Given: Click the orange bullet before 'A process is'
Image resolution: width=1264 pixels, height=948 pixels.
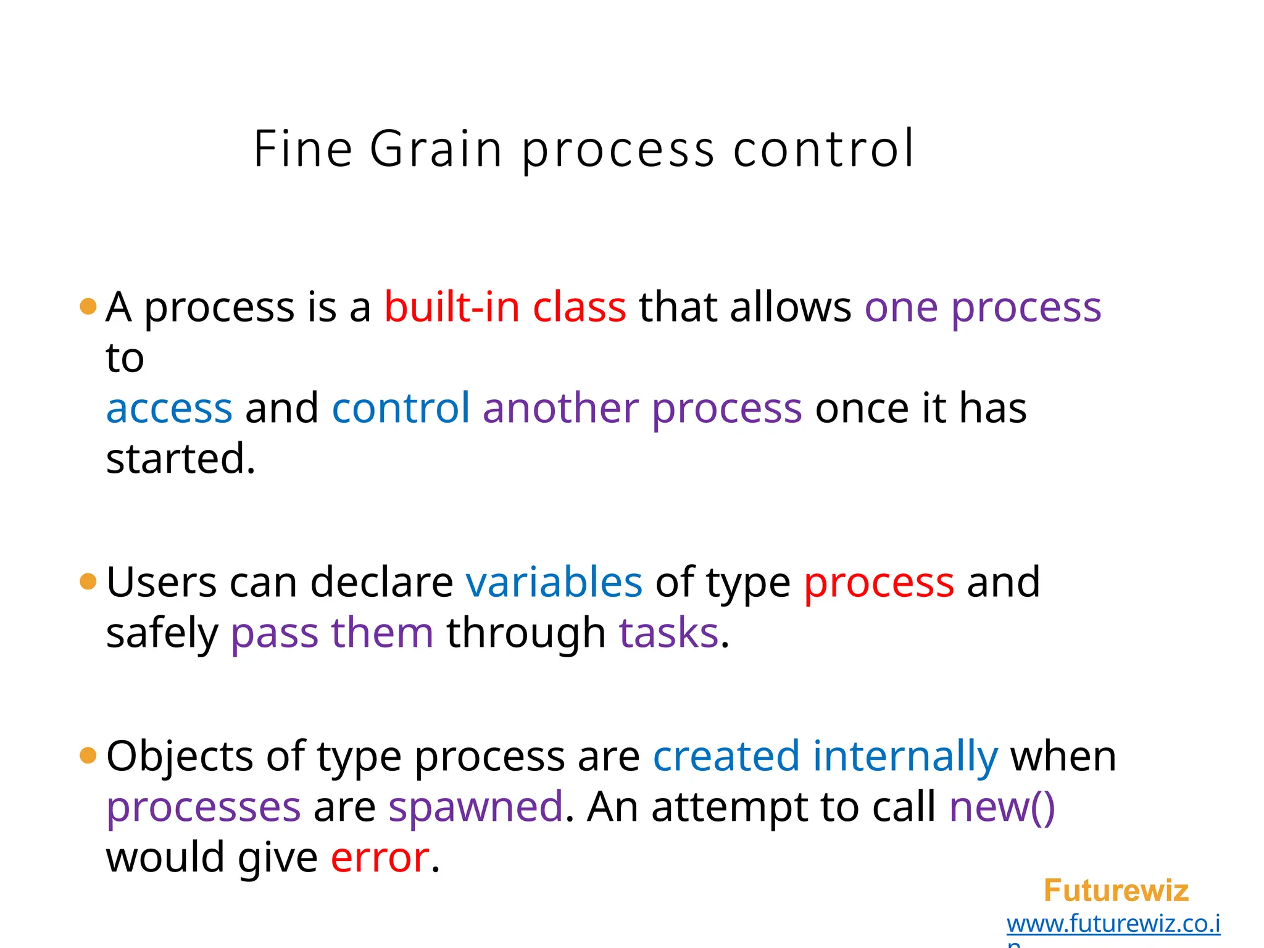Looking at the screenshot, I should coord(89,306).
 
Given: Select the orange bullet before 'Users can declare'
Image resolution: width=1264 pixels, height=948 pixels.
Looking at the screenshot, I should coord(89,581).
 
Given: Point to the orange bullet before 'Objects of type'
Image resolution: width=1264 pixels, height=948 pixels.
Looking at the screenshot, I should coord(89,755).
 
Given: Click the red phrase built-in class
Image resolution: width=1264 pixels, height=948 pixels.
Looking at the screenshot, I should coord(505,307).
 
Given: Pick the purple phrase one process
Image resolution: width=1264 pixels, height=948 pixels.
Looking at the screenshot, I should coord(983,307).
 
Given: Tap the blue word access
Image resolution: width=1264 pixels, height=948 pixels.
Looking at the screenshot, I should coord(169,409).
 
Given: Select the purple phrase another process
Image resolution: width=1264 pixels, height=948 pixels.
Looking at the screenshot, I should coord(642,409).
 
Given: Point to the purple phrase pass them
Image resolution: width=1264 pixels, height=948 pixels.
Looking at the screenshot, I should coord(332,633).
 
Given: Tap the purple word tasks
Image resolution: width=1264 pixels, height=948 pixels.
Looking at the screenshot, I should coord(669,633).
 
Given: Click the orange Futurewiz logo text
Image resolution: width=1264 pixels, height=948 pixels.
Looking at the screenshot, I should coord(1116,891).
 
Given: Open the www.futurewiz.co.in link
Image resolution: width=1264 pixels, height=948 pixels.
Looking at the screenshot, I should coord(1113,924).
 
